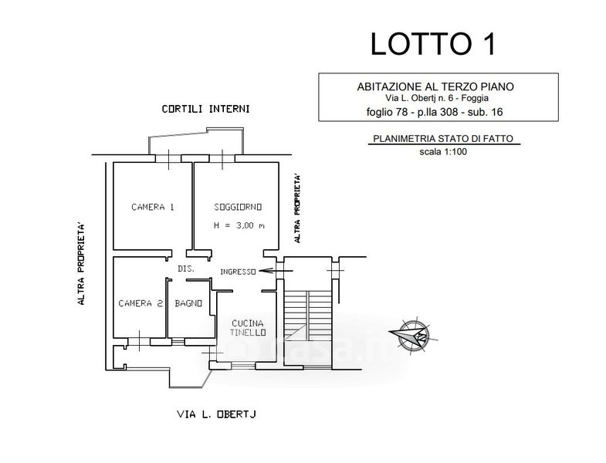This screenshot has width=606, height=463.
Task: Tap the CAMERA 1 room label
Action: pyautogui.click(x=152, y=207)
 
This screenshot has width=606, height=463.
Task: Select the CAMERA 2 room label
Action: pyautogui.click(x=140, y=303)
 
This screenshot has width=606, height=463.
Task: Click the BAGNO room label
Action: pyautogui.click(x=188, y=303)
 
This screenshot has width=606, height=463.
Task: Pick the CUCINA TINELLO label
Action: pyautogui.click(x=248, y=327)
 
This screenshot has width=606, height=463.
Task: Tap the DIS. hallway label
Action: pyautogui.click(x=185, y=269)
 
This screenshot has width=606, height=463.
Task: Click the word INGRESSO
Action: pyautogui.click(x=238, y=271)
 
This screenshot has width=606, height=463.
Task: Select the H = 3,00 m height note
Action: pyautogui.click(x=239, y=225)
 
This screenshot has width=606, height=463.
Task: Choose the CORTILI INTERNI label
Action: pyautogui.click(x=205, y=109)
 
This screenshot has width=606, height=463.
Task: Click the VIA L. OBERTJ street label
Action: pyautogui.click(x=216, y=414)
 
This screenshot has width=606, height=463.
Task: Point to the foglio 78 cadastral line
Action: pyautogui.click(x=437, y=111)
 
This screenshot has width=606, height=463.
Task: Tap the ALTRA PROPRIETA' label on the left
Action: pyautogui.click(x=80, y=264)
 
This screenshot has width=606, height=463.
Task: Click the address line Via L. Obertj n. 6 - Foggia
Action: pyautogui.click(x=437, y=98)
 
